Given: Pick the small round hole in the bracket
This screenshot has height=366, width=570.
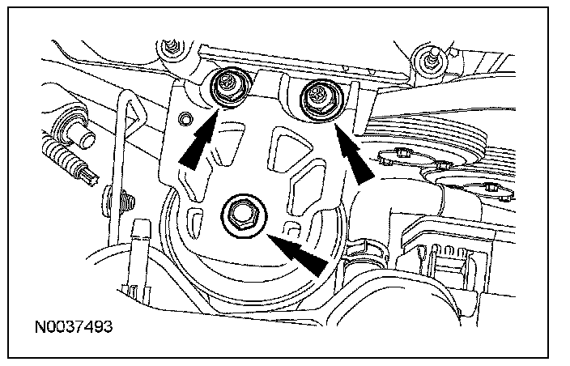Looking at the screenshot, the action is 187,121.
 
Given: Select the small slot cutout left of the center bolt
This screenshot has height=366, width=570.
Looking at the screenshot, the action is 194,219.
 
